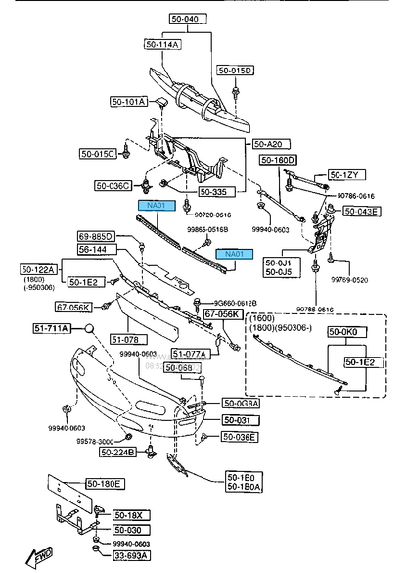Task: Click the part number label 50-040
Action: click(183, 19)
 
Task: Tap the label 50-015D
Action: click(235, 71)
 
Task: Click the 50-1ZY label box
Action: click(345, 174)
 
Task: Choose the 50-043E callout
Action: click(361, 212)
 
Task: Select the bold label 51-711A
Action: click(51, 328)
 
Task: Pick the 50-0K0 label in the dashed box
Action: click(350, 332)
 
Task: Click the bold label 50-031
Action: click(238, 420)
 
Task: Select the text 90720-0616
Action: click(210, 215)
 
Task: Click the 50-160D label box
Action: click(278, 160)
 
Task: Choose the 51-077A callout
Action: click(189, 353)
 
